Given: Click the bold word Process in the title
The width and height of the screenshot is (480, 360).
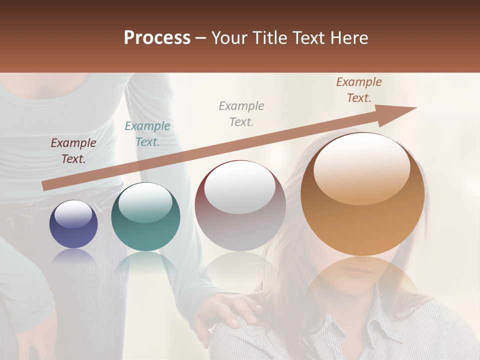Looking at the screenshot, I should (157, 38).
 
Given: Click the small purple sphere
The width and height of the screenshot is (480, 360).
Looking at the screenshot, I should (73, 224).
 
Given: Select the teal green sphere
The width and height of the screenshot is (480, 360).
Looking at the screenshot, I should (145, 217).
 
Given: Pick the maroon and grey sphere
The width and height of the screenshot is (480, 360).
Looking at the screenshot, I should (240, 205).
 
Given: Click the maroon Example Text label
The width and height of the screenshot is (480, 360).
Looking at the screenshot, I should (73, 151).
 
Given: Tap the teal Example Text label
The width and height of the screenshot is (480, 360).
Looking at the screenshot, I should (147, 134).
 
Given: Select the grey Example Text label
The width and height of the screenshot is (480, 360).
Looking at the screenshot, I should (241, 114).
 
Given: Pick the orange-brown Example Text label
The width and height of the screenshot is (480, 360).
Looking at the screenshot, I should (359, 90).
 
